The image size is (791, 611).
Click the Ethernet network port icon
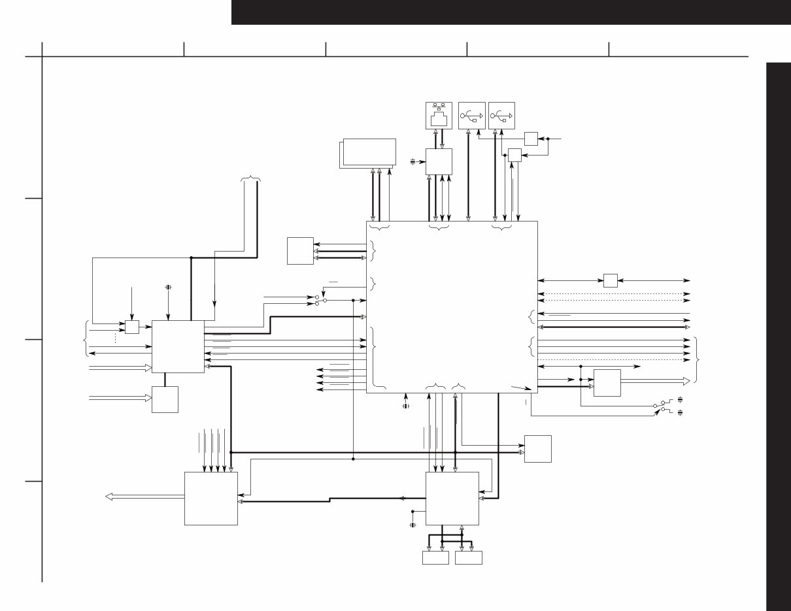click(439, 115)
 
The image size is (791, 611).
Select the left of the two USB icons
click(472, 115)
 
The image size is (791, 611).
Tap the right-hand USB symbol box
click(501, 115)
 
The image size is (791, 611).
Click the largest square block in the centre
click(452, 306)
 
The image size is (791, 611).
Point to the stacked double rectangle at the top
click(367, 153)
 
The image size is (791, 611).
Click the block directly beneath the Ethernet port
click(439, 161)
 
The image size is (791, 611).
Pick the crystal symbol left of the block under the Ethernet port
click(413, 161)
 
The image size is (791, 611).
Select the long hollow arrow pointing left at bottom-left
click(144, 497)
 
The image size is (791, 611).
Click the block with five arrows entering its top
click(210, 498)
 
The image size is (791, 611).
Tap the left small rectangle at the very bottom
click(435, 557)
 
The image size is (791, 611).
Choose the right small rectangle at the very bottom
click(469, 557)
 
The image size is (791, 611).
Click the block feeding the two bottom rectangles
click(452, 498)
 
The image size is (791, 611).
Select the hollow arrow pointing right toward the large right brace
click(654, 381)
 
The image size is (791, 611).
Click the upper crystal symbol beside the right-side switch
click(681, 399)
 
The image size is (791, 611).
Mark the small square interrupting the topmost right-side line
click(611, 280)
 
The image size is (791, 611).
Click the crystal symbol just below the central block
click(406, 406)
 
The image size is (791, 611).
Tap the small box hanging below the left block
click(165, 399)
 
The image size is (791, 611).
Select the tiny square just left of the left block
click(132, 327)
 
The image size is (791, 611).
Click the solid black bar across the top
click(511, 12)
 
